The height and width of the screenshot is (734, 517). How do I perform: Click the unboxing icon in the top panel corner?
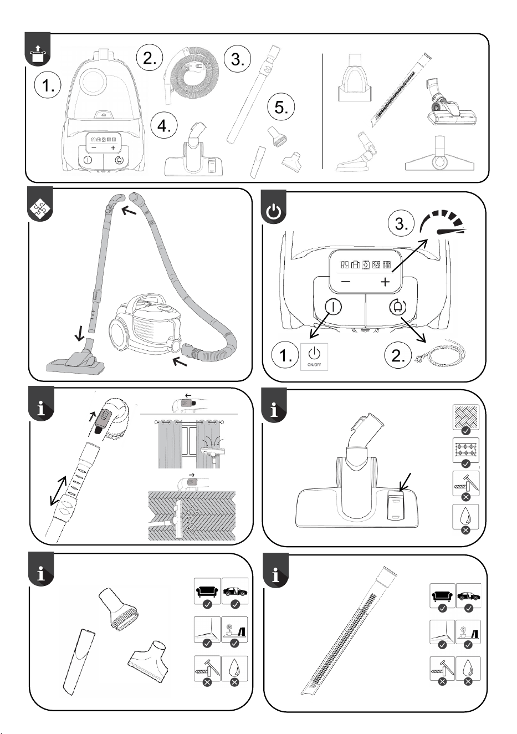tap(38, 53)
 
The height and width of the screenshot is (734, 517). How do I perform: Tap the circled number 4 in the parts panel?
tap(164, 125)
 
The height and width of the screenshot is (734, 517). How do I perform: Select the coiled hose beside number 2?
tap(191, 74)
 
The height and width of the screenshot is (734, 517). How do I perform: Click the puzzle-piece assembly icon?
tap(40, 208)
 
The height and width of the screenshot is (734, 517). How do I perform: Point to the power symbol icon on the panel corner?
tap(274, 213)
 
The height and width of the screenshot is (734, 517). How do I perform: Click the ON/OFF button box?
tap(314, 356)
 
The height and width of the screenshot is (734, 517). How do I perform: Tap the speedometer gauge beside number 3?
tap(442, 224)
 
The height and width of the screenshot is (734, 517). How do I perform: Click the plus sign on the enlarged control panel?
tap(386, 282)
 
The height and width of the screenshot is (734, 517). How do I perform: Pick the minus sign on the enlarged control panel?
tap(346, 282)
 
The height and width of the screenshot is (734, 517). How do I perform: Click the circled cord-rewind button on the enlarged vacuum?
tap(398, 307)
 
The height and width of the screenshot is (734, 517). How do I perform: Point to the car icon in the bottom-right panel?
tap(468, 597)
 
